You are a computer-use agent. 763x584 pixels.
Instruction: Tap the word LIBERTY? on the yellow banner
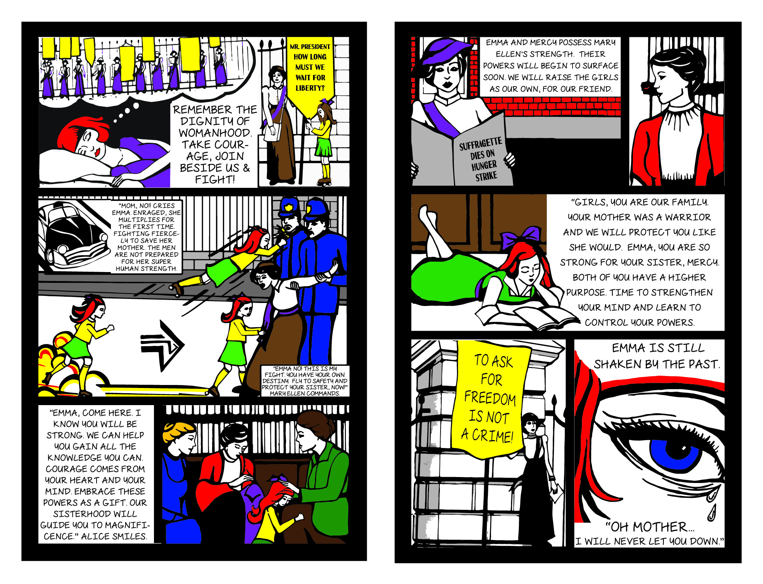tap(310, 88)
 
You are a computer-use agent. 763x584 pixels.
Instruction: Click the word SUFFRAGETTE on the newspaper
tap(480, 143)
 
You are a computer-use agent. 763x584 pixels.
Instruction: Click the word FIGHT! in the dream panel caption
tap(215, 179)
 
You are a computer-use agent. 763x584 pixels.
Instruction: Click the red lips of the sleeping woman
tap(97, 152)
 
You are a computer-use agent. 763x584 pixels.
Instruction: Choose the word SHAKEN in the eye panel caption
tap(617, 364)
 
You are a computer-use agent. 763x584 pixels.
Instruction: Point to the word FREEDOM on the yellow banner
tap(490, 398)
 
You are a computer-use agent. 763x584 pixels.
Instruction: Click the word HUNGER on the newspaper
tap(484, 165)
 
